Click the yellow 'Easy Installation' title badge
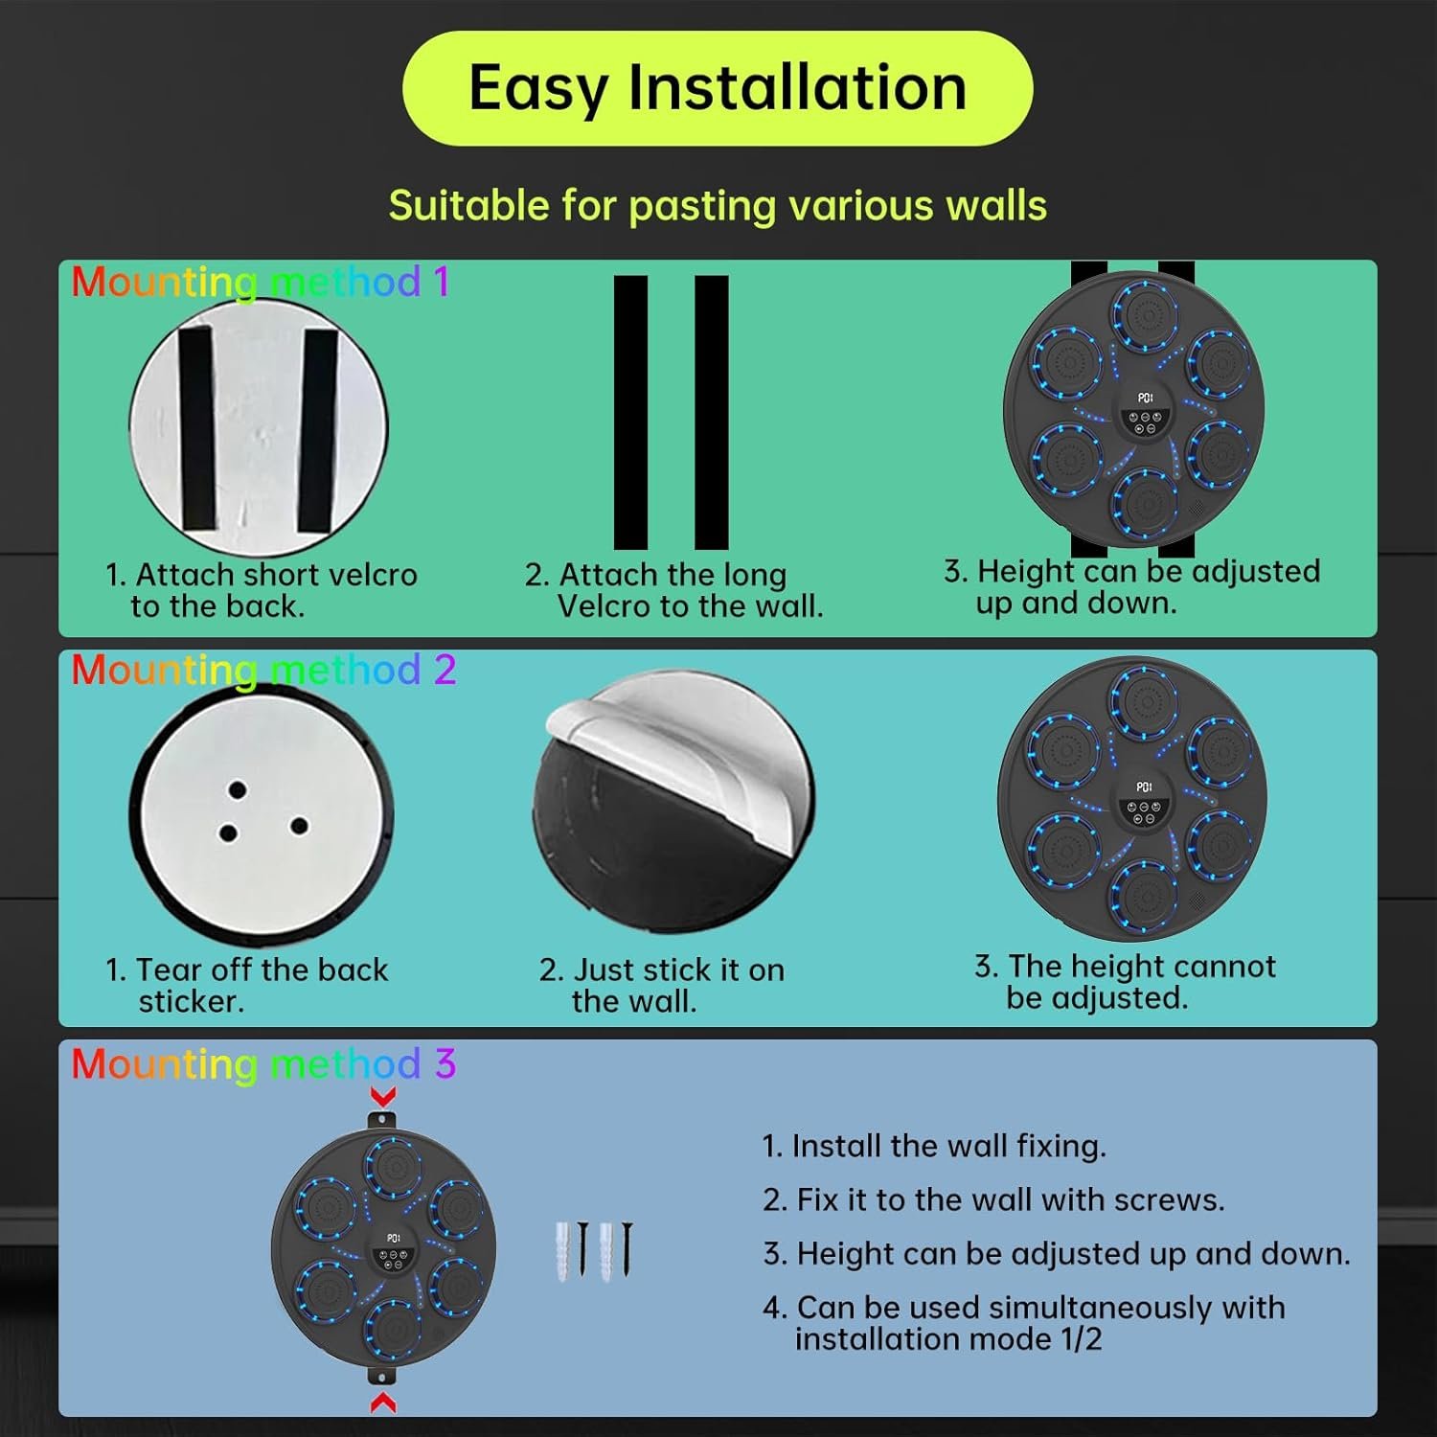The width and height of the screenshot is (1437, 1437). point(718,88)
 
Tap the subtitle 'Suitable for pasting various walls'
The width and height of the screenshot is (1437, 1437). point(718,206)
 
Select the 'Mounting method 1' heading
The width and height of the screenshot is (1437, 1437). point(260,283)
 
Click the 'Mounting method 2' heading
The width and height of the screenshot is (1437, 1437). point(263,670)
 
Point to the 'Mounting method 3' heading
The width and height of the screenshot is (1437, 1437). point(263,1064)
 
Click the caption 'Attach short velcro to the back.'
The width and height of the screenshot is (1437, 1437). point(262,590)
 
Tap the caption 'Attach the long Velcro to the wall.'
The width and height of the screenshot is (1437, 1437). point(674,590)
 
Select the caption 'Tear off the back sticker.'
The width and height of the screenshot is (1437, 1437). point(247,985)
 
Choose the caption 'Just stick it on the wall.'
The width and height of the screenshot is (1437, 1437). point(662,985)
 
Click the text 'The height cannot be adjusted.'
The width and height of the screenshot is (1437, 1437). point(1126,981)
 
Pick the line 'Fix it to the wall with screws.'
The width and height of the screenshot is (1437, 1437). point(993,1199)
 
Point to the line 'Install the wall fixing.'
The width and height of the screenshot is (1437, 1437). point(934,1146)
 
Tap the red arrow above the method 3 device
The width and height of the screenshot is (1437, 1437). point(383,1097)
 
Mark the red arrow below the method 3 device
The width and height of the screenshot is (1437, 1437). point(383,1402)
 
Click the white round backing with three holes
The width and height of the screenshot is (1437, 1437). point(261,815)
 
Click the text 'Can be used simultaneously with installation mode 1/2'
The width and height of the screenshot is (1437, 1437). point(1024,1323)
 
